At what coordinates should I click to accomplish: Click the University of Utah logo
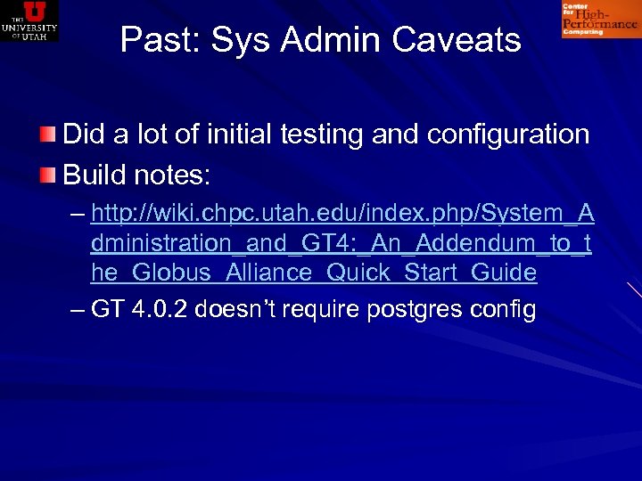tap(29, 20)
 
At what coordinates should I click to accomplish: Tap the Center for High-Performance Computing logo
tap(599, 20)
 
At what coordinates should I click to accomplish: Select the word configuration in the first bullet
tap(508, 135)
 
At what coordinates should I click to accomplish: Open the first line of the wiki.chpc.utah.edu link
tap(342, 214)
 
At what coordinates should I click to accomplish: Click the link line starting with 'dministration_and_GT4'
tap(341, 243)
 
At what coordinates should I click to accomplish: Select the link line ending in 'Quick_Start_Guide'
tap(314, 273)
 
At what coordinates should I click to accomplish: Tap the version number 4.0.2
tap(160, 309)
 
